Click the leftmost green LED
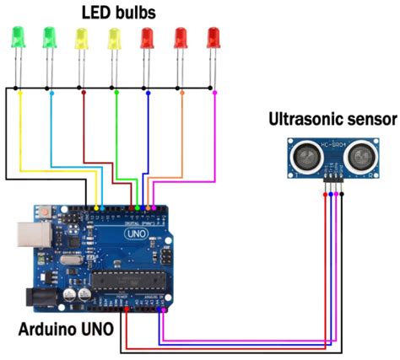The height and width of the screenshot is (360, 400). (x=16, y=38)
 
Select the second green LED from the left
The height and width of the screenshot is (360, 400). (x=49, y=38)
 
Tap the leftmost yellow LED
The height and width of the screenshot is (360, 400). (x=81, y=38)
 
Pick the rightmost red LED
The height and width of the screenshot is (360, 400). (x=214, y=38)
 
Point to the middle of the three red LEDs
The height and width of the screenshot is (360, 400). (x=181, y=38)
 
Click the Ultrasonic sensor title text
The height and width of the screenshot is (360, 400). (x=332, y=119)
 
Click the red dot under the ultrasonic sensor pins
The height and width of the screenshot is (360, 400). (x=324, y=195)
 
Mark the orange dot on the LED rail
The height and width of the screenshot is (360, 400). (x=181, y=88)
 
